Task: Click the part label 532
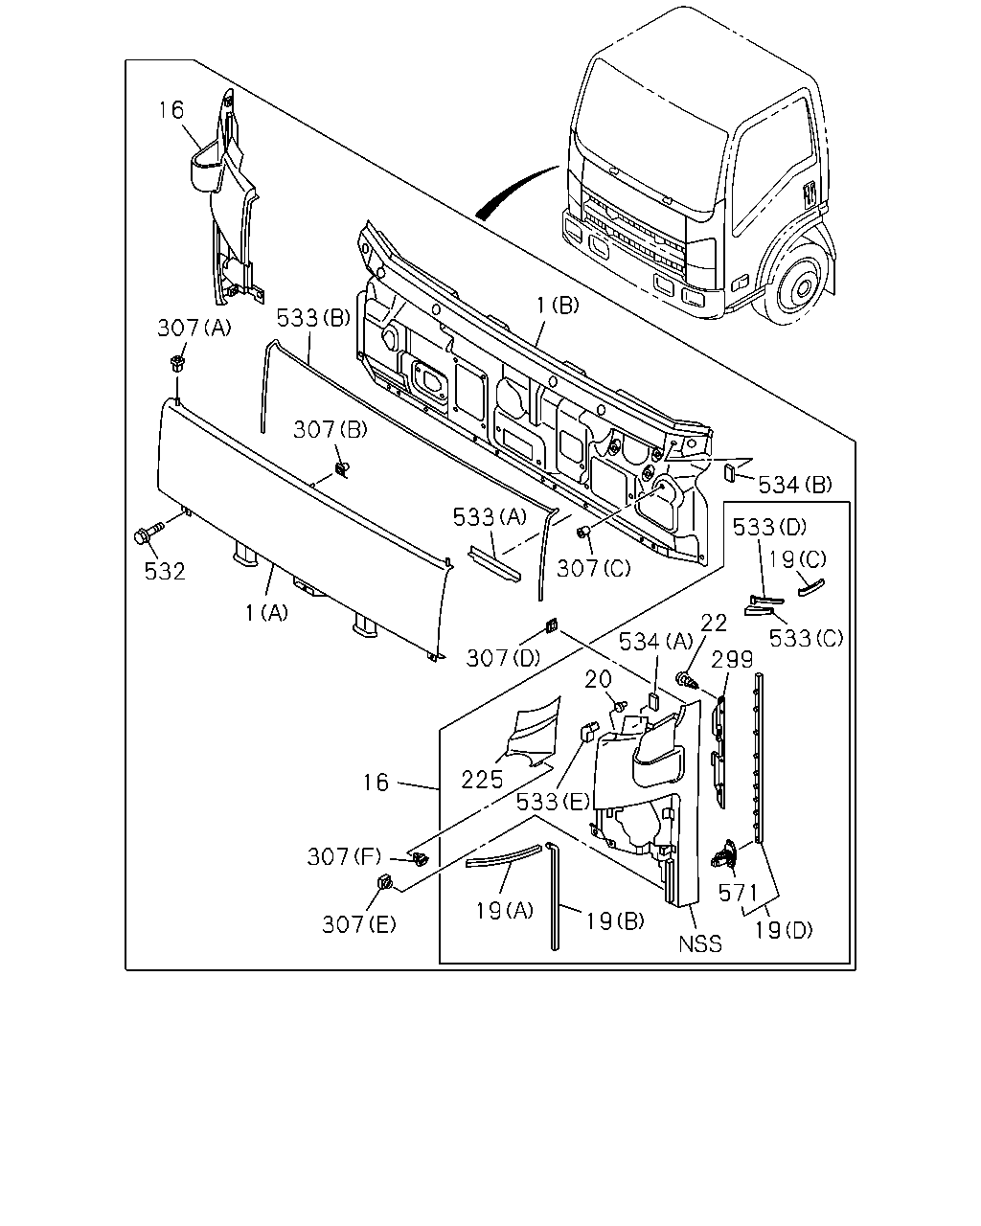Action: click(165, 571)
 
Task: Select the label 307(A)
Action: click(194, 328)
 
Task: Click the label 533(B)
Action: click(313, 318)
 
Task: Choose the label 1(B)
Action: click(558, 306)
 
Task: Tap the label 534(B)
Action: click(795, 485)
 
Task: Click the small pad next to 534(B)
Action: click(730, 472)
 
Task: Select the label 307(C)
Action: click(593, 568)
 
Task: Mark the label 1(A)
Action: click(266, 613)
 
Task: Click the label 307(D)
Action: click(503, 658)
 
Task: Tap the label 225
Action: click(482, 780)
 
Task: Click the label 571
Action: click(738, 893)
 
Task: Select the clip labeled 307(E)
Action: click(385, 881)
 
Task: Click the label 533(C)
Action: click(806, 638)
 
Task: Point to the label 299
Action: click(733, 660)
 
